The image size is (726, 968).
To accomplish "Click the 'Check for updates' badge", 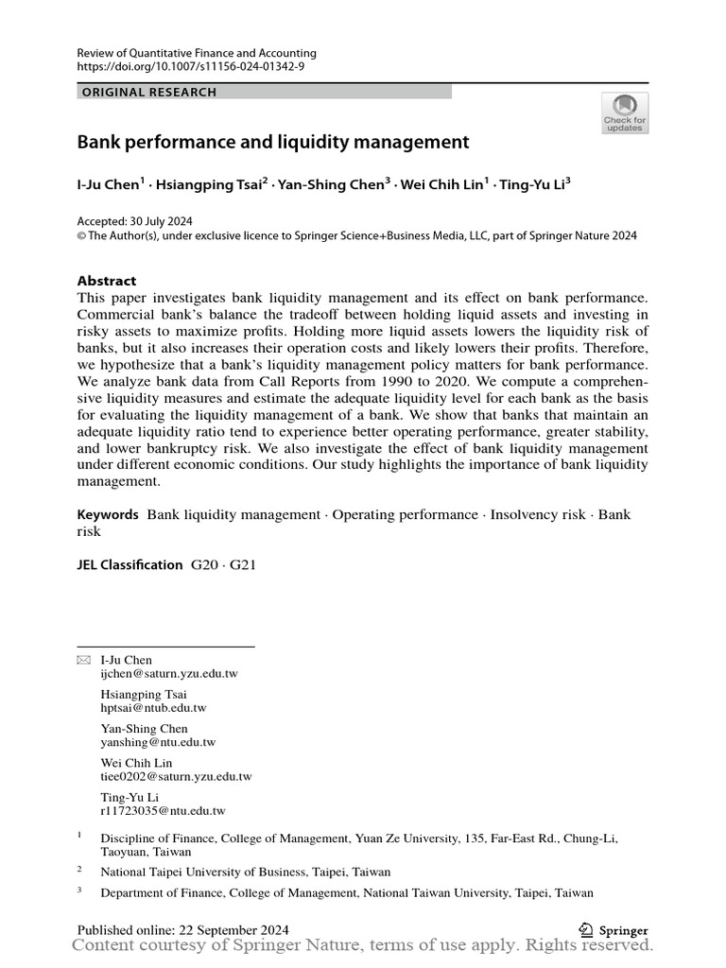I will (625, 112).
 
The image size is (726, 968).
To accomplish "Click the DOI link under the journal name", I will (191, 67).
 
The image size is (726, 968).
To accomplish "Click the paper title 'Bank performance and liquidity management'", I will (272, 143).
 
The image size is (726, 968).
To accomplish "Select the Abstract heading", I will (106, 281).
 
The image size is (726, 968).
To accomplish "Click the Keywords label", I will (108, 514).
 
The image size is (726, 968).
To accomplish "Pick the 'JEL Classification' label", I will (130, 564).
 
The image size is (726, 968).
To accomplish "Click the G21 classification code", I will (241, 564).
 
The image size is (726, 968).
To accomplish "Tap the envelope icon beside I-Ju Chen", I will (83, 660).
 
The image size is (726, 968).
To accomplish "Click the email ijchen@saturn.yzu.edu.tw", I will (169, 674).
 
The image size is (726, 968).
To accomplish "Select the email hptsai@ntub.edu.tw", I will (153, 708).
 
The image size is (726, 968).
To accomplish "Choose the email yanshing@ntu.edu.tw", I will (158, 742).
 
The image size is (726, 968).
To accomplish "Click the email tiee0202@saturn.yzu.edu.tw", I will (176, 776).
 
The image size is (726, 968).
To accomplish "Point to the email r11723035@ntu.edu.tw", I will (163, 810).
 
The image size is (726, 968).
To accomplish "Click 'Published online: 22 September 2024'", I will (182, 930).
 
